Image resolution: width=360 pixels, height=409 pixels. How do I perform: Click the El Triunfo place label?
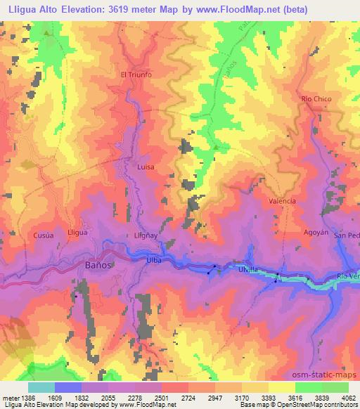click(x=136, y=74)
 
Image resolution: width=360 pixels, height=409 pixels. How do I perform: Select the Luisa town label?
click(x=145, y=167)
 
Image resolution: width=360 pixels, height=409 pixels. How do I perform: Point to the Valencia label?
click(x=283, y=201)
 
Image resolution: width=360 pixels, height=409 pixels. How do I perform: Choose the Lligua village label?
click(x=77, y=232)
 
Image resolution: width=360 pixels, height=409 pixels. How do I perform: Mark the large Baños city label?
click(x=98, y=266)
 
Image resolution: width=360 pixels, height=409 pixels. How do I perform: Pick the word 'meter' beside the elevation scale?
click(x=10, y=398)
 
